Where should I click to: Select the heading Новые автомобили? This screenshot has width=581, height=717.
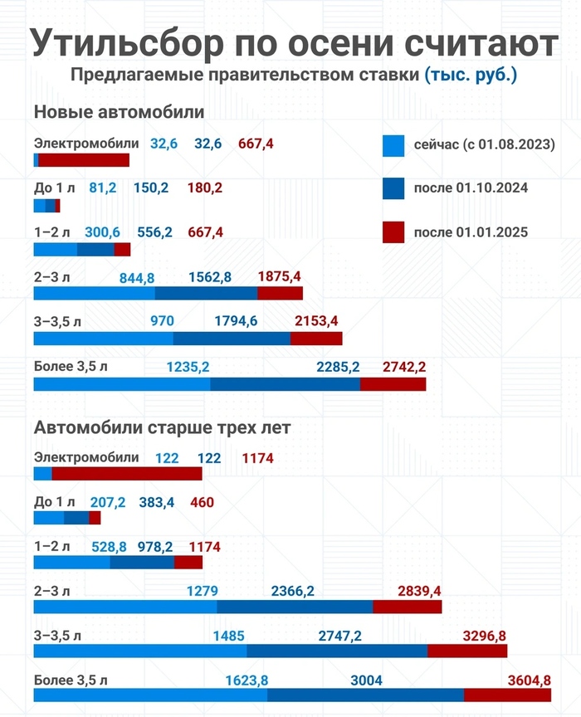pyautogui.click(x=119, y=112)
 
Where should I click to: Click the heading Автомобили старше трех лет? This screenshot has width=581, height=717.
pyautogui.click(x=162, y=428)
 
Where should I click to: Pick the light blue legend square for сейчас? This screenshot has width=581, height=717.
pyautogui.click(x=393, y=145)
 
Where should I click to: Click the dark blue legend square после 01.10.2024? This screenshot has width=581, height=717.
pyautogui.click(x=393, y=188)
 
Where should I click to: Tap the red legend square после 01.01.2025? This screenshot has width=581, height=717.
pyautogui.click(x=393, y=232)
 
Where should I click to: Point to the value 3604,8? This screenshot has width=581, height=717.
pyautogui.click(x=529, y=680)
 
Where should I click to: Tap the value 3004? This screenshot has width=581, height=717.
pyautogui.click(x=366, y=680)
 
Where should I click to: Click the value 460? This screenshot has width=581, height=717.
pyautogui.click(x=202, y=502)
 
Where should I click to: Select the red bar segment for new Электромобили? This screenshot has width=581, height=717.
pyautogui.click(x=83, y=160)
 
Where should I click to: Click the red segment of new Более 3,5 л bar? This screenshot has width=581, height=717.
pyautogui.click(x=393, y=383)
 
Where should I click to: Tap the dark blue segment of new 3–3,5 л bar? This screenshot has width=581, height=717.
pyautogui.click(x=232, y=339)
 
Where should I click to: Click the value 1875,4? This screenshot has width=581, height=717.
pyautogui.click(x=280, y=276)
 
